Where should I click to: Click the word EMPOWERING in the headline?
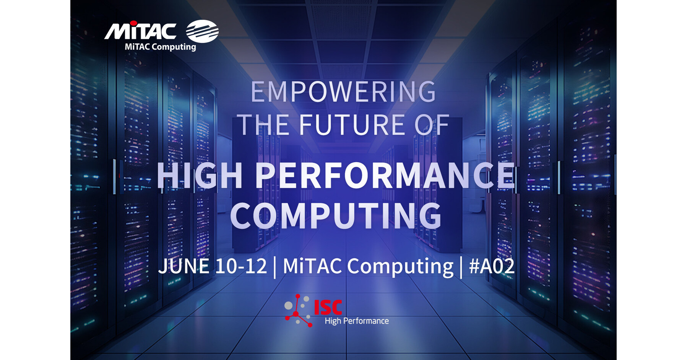(343, 92)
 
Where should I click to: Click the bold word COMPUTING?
(336, 216)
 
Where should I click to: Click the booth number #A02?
(492, 266)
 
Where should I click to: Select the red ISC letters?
(328, 307)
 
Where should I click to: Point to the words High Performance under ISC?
(357, 321)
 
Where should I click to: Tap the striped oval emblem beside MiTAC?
(202, 31)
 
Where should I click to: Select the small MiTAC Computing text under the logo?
(160, 47)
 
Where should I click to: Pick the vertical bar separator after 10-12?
(275, 267)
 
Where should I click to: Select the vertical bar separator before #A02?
(461, 267)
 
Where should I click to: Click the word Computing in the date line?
(400, 267)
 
